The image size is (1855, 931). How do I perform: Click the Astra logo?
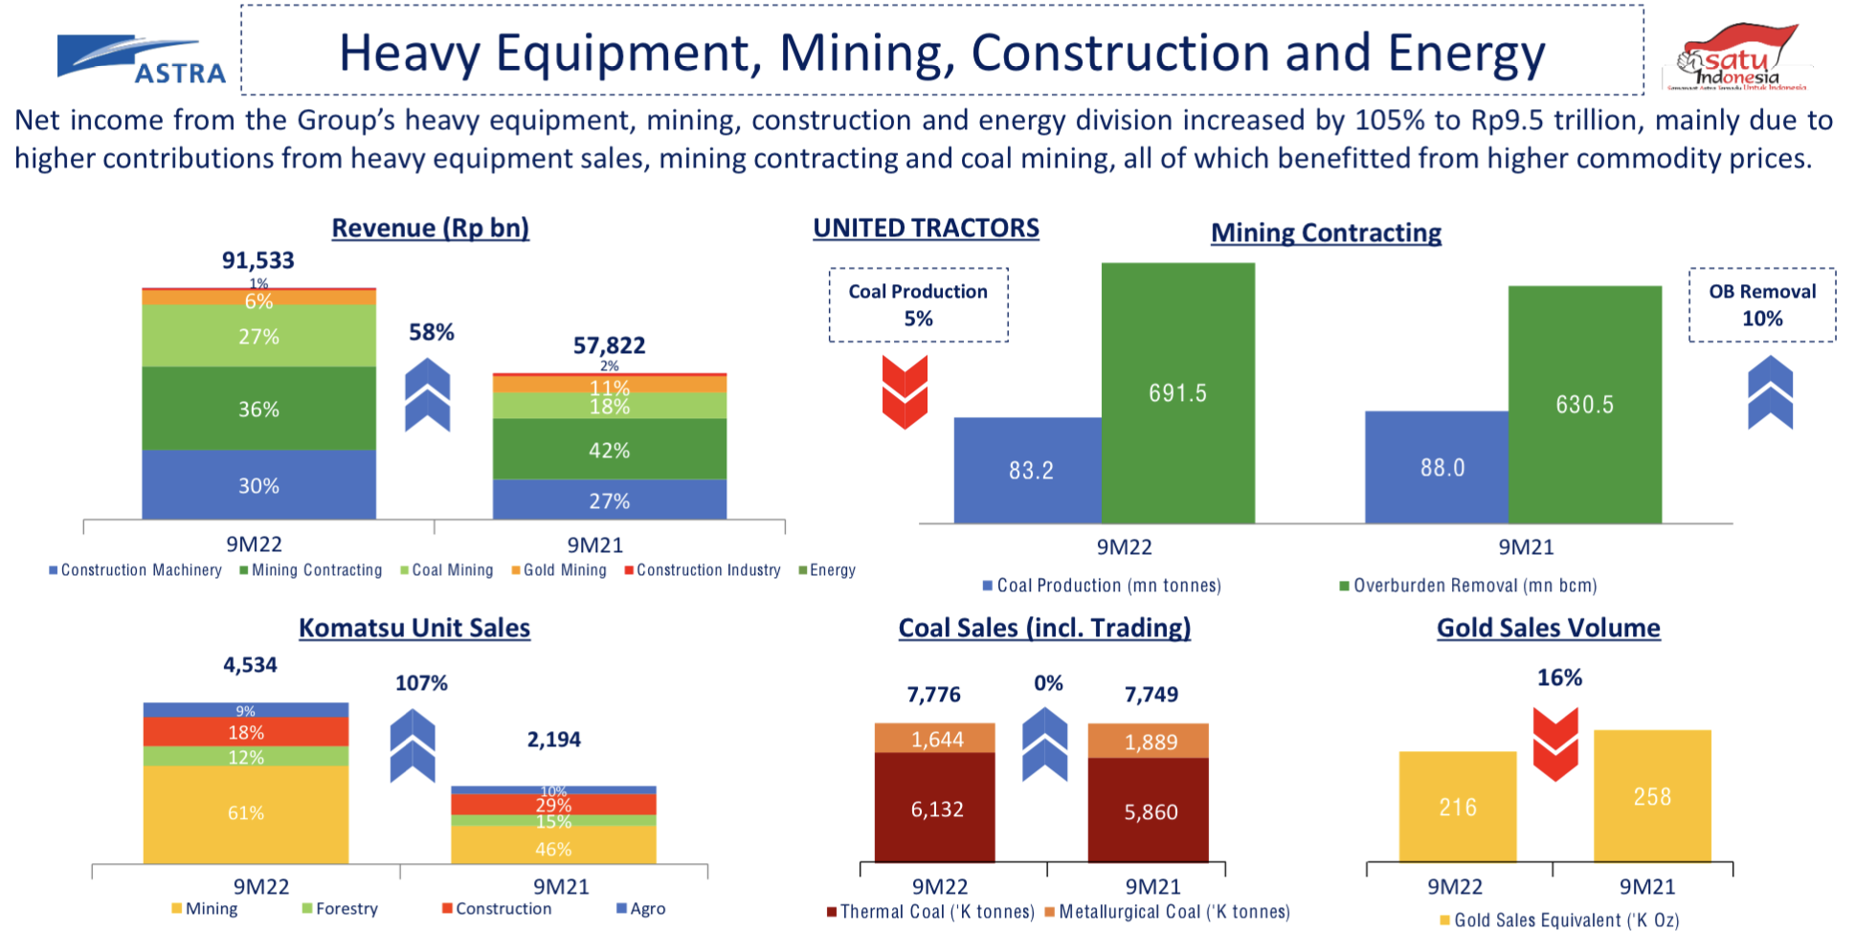pyautogui.click(x=142, y=59)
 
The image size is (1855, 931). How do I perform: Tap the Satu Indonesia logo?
pyautogui.click(x=1740, y=57)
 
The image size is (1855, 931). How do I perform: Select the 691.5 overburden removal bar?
pyautogui.click(x=1177, y=392)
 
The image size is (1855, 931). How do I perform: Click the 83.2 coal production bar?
pyautogui.click(x=1029, y=470)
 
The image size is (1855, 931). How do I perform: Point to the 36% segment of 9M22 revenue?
pyautogui.click(x=258, y=409)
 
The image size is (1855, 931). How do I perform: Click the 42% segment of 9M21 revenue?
pyautogui.click(x=609, y=450)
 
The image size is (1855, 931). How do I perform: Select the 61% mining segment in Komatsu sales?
pyautogui.click(x=245, y=813)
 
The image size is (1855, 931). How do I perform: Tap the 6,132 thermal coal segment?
pyautogui.click(x=935, y=809)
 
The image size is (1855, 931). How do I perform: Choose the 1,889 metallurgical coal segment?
pyautogui.click(x=1149, y=742)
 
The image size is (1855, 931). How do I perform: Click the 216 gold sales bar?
pyautogui.click(x=1457, y=807)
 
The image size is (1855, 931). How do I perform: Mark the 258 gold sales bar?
pyautogui.click(x=1651, y=796)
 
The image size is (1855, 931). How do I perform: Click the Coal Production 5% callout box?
pyautogui.click(x=918, y=305)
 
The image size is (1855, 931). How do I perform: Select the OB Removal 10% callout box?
pyautogui.click(x=1761, y=305)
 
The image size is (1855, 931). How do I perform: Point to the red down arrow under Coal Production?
pyautogui.click(x=905, y=391)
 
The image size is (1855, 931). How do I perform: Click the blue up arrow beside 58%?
pyautogui.click(x=428, y=394)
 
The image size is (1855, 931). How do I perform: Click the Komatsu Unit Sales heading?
pyautogui.click(x=413, y=628)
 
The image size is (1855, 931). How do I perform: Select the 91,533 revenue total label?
pyautogui.click(x=258, y=260)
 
